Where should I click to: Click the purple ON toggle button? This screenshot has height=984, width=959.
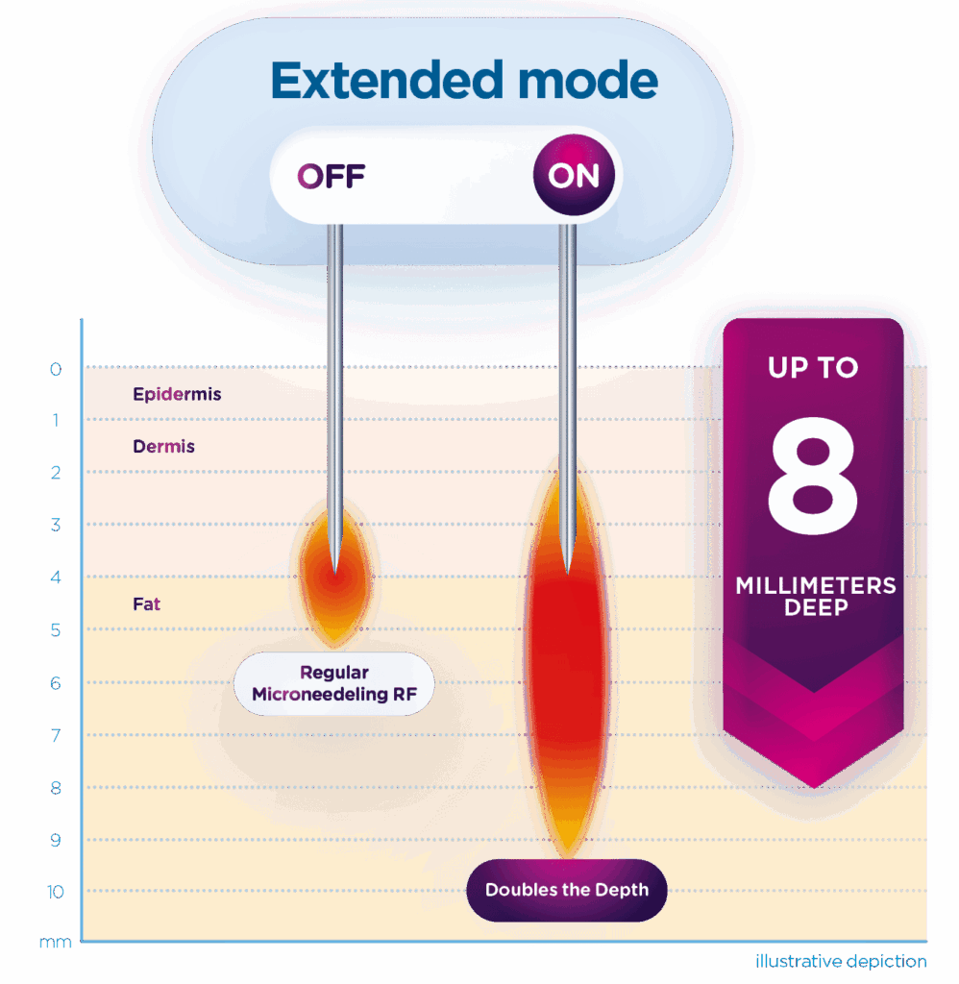pos(573,177)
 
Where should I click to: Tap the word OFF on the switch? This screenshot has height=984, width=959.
pos(332,177)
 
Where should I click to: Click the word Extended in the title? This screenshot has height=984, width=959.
pos(388,81)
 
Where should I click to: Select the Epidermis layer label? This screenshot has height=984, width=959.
pos(177,394)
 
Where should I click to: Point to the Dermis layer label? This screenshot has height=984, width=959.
pos(163,446)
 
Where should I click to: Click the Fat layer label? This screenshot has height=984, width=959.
pos(146,604)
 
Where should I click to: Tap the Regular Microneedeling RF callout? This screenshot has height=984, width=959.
pos(334,684)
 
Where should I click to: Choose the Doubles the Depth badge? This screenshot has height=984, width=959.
pos(566,890)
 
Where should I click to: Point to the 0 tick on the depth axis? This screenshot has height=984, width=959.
pos(56,369)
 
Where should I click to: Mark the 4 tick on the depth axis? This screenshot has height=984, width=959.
pos(56,578)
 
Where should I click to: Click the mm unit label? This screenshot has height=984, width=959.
pos(55,943)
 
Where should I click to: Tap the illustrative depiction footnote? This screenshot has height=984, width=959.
pos(841,961)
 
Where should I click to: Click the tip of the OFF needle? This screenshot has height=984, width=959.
pos(333,569)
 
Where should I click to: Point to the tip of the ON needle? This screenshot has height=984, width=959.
pos(567,572)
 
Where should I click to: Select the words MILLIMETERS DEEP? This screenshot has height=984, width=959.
pos(815,596)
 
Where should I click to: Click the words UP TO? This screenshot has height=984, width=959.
pos(812,367)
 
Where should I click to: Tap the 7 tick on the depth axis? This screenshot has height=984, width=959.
pos(56,735)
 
